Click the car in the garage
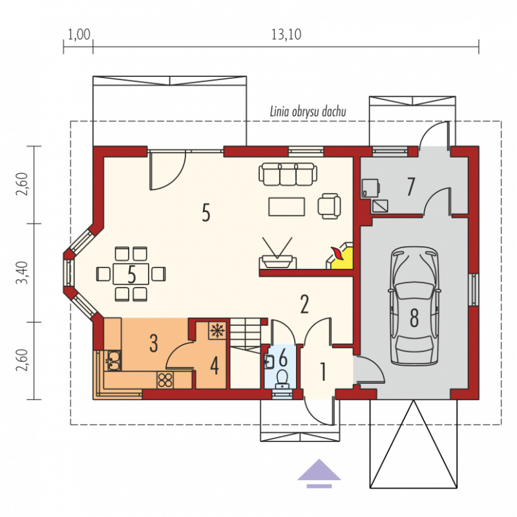pos(414,306)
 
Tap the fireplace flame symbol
pos(337,253)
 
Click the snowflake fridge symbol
pos(217,330)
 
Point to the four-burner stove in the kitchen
pos(165,379)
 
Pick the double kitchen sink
pos(113,361)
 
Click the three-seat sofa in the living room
pos(288,174)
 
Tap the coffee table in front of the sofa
pos(286,207)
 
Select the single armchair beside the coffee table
pos(330,206)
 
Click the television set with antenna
pos(277,253)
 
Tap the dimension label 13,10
pos(286,34)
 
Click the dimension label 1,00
pos(79,34)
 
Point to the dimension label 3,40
pos(23,272)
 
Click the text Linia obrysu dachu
pos(308,112)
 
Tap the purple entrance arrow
pos(319,473)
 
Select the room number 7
pos(410,187)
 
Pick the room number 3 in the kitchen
pos(154,343)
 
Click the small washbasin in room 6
pos(269,362)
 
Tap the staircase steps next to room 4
pos(245,334)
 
